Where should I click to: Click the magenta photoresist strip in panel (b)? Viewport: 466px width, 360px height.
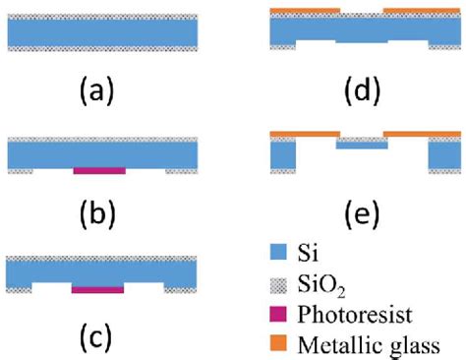(x=99, y=170)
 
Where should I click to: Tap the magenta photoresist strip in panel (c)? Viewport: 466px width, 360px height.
(x=98, y=290)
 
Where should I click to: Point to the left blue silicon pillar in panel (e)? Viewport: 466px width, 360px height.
(x=283, y=153)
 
